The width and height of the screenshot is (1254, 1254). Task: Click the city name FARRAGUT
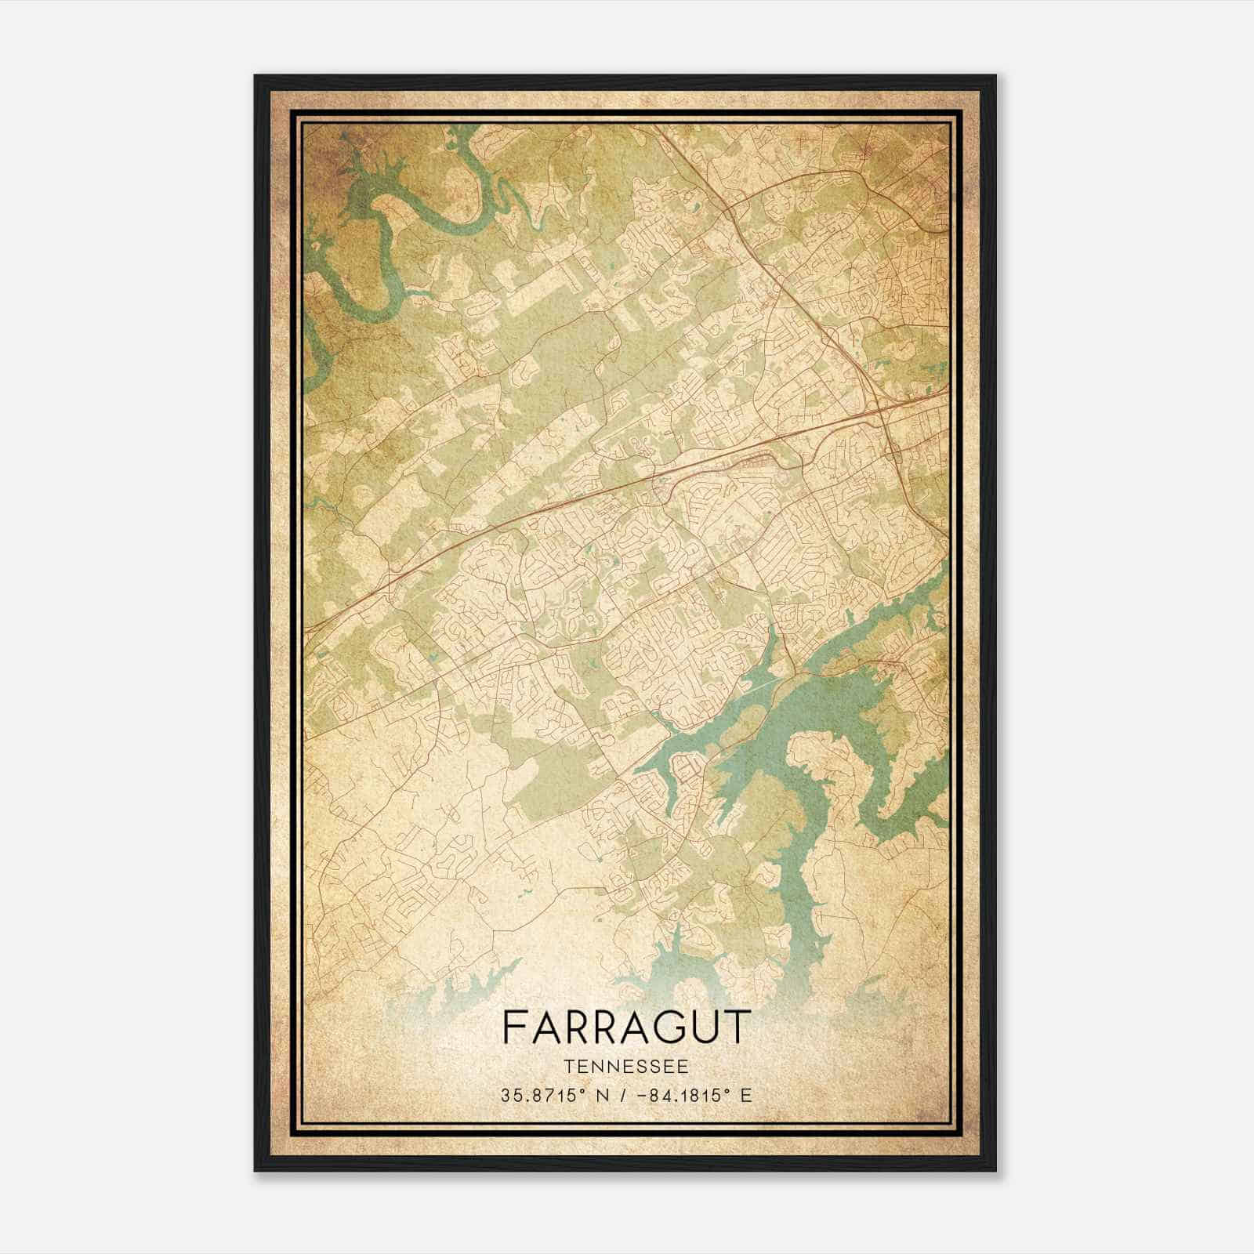626,1027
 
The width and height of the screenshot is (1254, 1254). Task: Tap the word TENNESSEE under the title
626,1067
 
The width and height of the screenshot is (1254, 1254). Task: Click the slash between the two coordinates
622,1095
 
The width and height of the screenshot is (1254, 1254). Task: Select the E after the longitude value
745,1095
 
